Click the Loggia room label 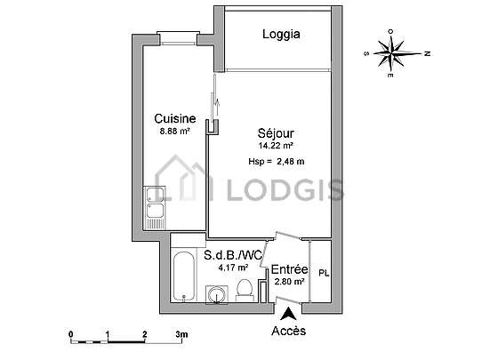281,35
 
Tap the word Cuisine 174,119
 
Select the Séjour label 276,133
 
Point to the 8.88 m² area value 175,131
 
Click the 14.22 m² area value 276,146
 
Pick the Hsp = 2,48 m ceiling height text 277,162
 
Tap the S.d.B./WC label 233,255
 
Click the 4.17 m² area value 233,268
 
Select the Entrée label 289,269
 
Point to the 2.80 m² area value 289,282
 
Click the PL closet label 324,273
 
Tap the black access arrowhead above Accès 288,315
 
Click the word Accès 289,331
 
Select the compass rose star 393,53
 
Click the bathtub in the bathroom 184,276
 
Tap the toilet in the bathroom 245,290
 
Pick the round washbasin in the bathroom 217,294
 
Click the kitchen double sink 156,208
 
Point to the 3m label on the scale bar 182,334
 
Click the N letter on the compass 428,53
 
